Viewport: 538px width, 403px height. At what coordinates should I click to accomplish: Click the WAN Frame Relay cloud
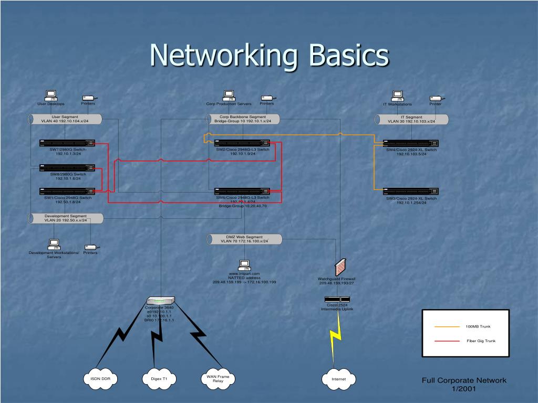pos(218,378)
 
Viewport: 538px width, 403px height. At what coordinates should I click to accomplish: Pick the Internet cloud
pos(338,378)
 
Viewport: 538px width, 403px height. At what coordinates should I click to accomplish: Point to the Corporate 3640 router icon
pos(160,301)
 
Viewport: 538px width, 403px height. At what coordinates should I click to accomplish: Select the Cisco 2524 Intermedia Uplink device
pos(337,299)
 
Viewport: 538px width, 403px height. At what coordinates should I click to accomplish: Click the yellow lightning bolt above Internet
pos(335,341)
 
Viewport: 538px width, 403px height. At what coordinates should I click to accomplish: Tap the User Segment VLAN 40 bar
pos(65,119)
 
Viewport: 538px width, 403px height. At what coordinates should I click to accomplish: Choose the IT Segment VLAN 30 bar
pos(411,119)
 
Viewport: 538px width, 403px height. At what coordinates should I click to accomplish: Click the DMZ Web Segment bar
pos(244,239)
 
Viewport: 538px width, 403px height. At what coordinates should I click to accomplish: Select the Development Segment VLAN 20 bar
pos(65,218)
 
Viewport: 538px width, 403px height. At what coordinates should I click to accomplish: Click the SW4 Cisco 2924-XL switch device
pos(411,143)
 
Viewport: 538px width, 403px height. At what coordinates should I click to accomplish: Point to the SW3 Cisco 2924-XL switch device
pos(411,192)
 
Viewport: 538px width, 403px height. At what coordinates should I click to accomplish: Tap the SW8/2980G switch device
pos(67,168)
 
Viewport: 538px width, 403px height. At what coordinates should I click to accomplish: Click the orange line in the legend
pos(447,326)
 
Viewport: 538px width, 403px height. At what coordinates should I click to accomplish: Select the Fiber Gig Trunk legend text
pos(481,341)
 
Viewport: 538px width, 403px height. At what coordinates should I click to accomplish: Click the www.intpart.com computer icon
pos(244,265)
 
